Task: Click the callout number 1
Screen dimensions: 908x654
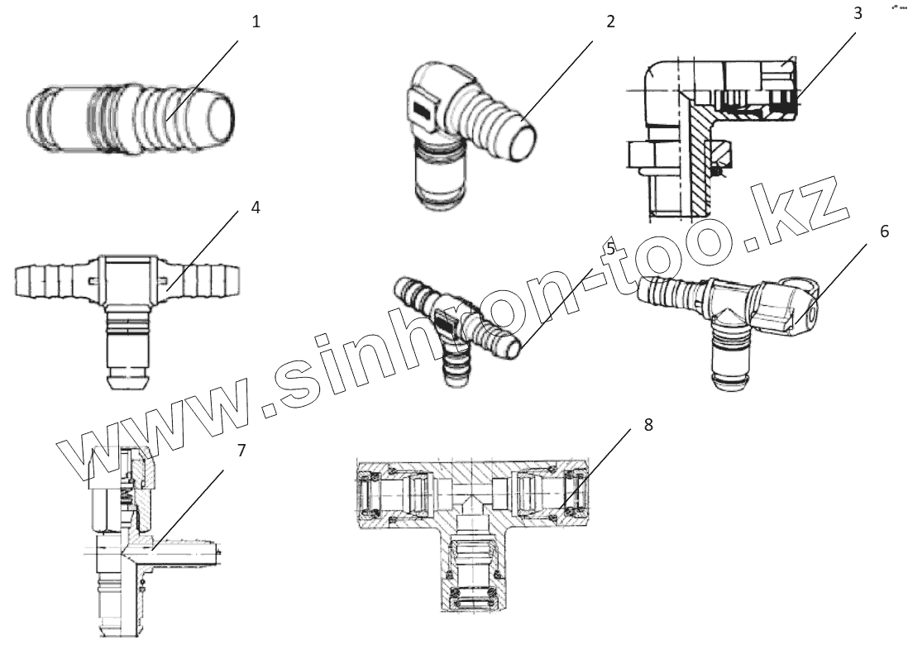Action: pyautogui.click(x=256, y=21)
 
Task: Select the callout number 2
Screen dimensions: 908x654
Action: pyautogui.click(x=610, y=21)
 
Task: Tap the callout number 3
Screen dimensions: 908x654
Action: pyautogui.click(x=858, y=13)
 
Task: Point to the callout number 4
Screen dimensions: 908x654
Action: pyautogui.click(x=256, y=208)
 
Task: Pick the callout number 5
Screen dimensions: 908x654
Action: pyautogui.click(x=609, y=247)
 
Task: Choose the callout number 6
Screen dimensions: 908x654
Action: pyautogui.click(x=884, y=232)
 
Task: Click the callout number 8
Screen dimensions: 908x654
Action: pyautogui.click(x=648, y=425)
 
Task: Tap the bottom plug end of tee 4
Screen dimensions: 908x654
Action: pyautogui.click(x=128, y=364)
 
